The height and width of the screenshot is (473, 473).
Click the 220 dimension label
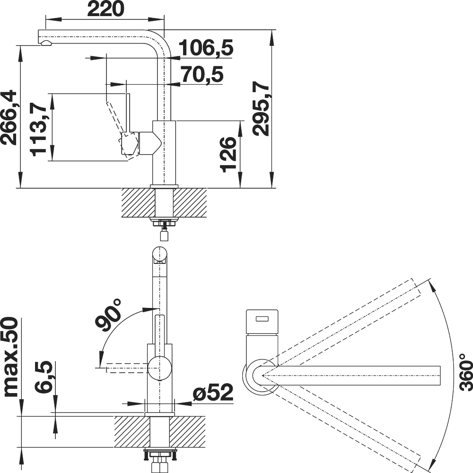tap(105, 9)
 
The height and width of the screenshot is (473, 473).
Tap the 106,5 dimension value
tap(206, 48)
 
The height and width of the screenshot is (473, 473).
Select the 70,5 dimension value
tap(202, 75)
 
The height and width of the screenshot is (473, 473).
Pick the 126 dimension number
tap(228, 155)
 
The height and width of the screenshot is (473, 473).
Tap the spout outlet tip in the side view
tap(45, 43)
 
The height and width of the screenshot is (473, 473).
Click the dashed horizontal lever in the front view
tap(127, 368)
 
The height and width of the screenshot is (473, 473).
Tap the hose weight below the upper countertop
tap(164, 234)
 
